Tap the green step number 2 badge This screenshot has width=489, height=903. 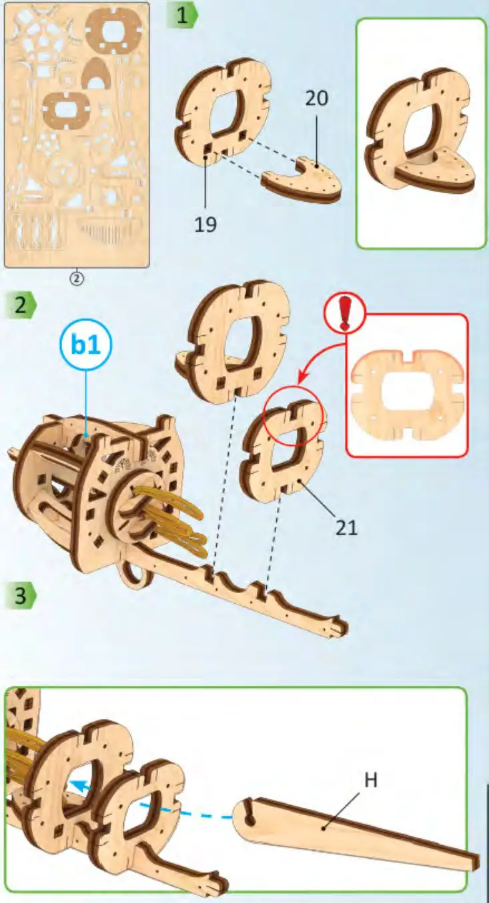tap(21, 305)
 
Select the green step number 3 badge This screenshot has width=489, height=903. tap(21, 595)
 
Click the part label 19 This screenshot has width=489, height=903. tap(206, 225)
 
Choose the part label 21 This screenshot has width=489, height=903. tap(347, 528)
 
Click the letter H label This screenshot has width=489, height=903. tap(371, 780)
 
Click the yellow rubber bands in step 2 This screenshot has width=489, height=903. tap(180, 526)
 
